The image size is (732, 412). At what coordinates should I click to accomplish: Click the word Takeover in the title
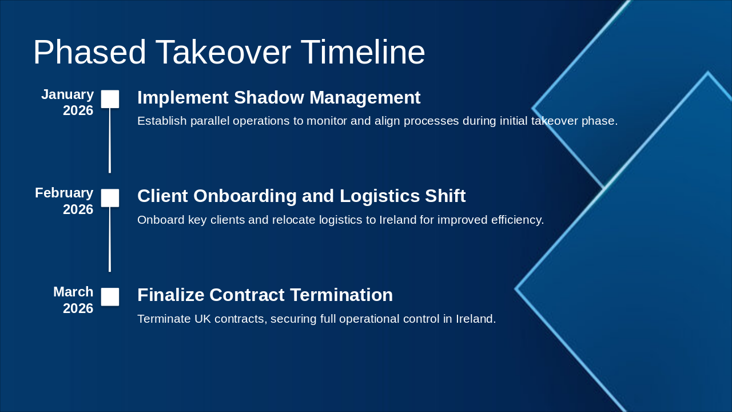click(223, 52)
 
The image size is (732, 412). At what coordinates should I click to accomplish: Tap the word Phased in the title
click(89, 52)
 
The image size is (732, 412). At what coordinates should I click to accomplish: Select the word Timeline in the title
click(363, 52)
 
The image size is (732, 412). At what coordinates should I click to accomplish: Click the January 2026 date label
click(67, 102)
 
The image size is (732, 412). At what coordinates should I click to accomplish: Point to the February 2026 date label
click(65, 201)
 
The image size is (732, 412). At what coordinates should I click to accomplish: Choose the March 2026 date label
click(74, 300)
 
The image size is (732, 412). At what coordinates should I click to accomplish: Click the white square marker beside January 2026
click(110, 99)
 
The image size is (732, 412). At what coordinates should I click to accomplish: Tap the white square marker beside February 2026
click(110, 198)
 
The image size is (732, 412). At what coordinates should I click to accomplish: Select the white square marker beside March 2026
click(110, 297)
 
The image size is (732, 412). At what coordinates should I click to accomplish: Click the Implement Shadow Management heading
click(279, 97)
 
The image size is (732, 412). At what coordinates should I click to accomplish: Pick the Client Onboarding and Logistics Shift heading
click(301, 196)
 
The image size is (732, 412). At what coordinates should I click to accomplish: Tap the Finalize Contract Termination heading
click(265, 295)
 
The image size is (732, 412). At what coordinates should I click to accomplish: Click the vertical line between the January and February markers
click(110, 140)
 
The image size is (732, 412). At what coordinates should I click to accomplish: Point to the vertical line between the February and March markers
click(110, 239)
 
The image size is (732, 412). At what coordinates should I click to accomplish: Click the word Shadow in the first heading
click(269, 97)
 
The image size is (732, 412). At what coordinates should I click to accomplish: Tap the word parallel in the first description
click(210, 121)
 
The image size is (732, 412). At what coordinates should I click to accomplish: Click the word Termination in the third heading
click(341, 295)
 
